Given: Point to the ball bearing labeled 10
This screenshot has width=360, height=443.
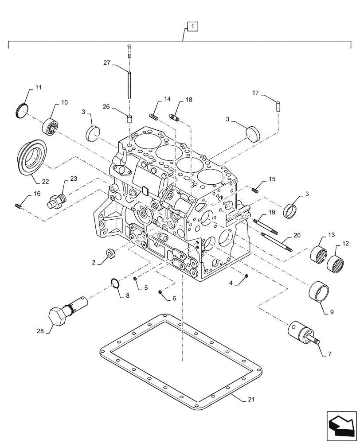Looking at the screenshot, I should [50, 128].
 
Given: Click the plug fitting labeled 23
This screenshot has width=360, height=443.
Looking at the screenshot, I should [56, 201].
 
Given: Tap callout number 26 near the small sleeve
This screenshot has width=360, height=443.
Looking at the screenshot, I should [106, 107].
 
